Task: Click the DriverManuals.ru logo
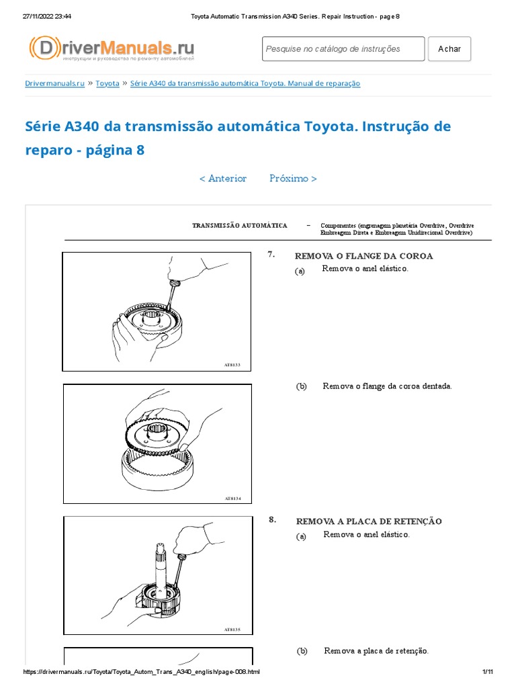click(x=112, y=49)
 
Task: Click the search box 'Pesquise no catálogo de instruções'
click(x=343, y=49)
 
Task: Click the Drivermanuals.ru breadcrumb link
click(x=54, y=83)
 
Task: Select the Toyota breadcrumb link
click(x=107, y=83)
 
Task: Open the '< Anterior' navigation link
click(x=223, y=179)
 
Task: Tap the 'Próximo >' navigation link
click(x=293, y=179)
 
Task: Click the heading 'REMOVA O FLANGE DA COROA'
click(x=364, y=256)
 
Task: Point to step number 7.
click(x=271, y=255)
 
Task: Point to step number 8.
click(x=272, y=519)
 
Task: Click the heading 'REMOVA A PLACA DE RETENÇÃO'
click(x=369, y=521)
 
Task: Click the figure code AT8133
click(x=232, y=365)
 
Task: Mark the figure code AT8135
click(x=232, y=630)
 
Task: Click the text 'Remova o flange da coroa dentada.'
click(x=387, y=386)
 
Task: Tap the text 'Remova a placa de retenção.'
click(x=376, y=651)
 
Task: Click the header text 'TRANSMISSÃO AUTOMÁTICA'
click(x=240, y=226)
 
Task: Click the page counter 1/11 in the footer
click(x=488, y=673)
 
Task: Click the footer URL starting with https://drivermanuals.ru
click(x=141, y=673)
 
